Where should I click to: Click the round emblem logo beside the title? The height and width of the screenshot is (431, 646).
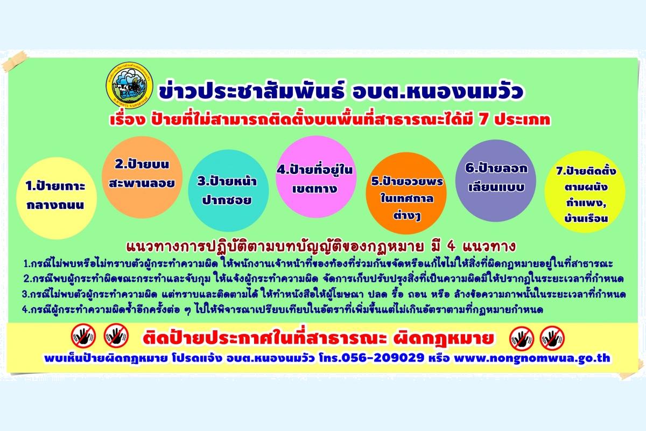[x=130, y=85]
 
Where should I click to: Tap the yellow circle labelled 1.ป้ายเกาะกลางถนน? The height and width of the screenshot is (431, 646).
[x=57, y=198]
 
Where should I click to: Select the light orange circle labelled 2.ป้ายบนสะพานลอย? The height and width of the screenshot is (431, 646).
[x=142, y=177]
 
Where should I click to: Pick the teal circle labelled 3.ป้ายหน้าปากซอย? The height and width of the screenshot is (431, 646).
[x=228, y=190]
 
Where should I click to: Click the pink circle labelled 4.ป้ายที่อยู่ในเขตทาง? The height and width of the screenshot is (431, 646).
[x=316, y=177]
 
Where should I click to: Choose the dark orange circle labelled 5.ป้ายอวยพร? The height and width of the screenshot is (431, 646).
[x=406, y=193]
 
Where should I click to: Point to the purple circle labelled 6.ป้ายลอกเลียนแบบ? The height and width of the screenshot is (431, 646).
[x=496, y=180]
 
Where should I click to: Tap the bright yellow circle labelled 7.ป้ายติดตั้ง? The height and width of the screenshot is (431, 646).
[x=585, y=192]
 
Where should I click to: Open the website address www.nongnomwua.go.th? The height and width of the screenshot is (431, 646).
[x=532, y=358]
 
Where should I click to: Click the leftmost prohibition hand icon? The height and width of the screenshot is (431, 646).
[x=83, y=336]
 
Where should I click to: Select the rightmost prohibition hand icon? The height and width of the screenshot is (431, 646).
[x=552, y=338]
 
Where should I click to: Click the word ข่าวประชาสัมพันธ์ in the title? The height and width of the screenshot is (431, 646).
[x=251, y=92]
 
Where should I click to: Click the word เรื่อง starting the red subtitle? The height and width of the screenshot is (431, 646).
[x=127, y=119]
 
